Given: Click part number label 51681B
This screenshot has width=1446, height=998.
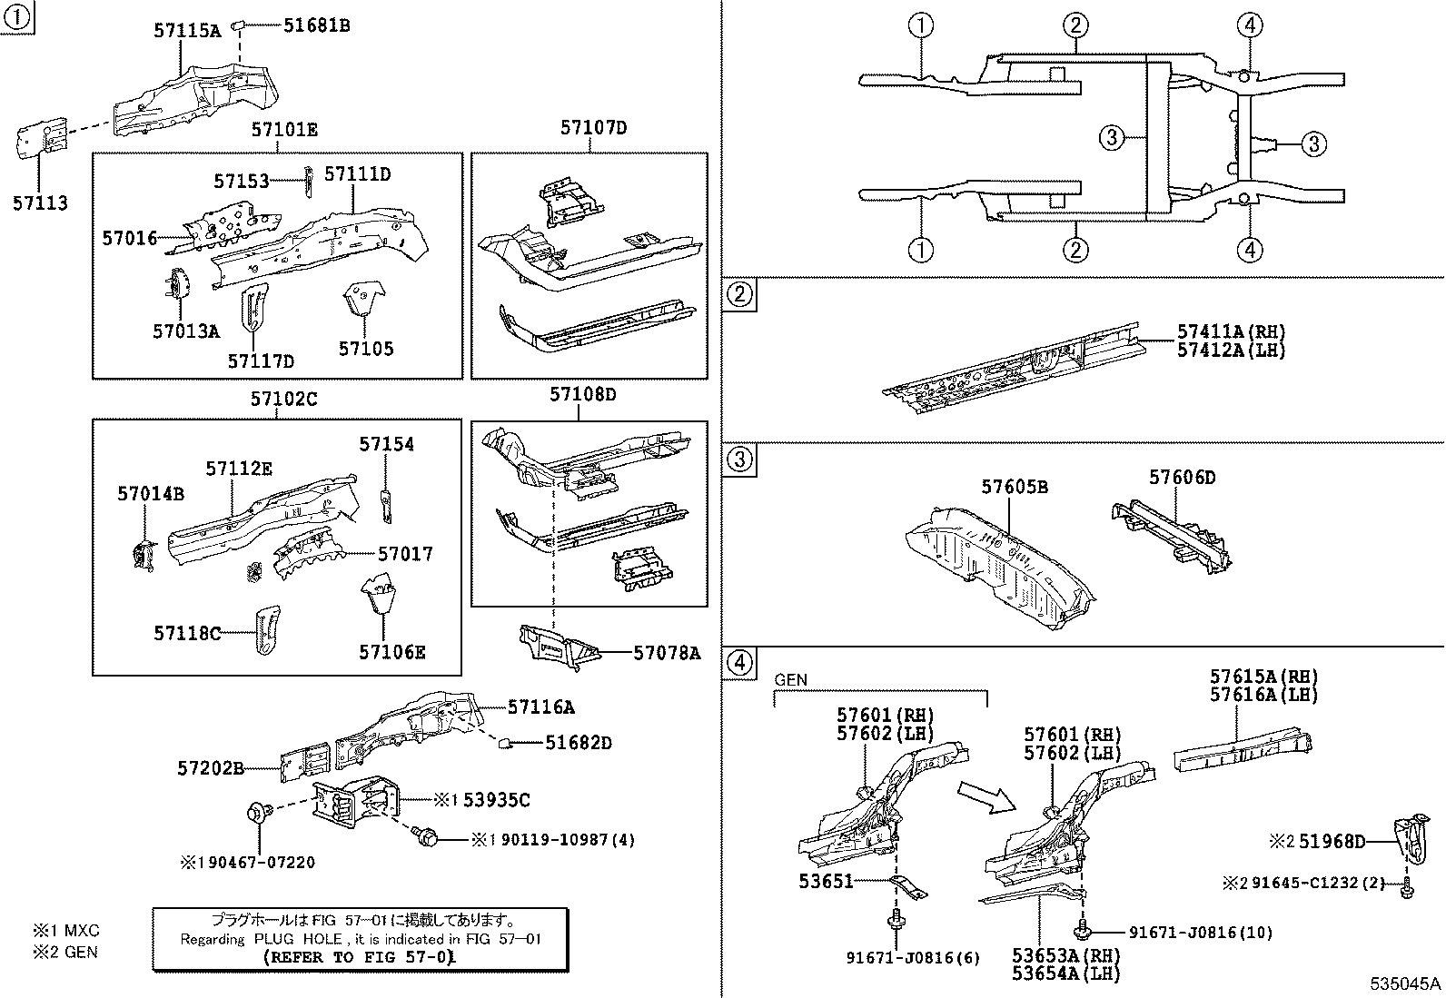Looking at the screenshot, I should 315,25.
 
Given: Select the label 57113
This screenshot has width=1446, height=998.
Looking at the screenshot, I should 40,203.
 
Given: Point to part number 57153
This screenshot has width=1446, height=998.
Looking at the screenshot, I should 242,182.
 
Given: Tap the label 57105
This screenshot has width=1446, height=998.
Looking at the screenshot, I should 366,349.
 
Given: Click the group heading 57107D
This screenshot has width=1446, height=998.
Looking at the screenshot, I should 593,128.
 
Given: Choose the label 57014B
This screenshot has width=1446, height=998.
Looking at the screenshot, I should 150,494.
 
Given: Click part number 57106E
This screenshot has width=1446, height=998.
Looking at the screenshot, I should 391,652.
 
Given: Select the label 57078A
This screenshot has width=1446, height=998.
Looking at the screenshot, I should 667,652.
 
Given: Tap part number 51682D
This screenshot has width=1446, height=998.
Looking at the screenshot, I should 578,743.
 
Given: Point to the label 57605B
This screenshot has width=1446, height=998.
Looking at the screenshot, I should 1014,487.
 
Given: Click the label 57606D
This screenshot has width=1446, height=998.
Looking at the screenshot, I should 1182,477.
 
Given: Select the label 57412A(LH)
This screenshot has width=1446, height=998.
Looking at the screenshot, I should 1232,351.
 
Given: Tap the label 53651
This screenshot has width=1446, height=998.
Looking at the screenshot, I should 826,881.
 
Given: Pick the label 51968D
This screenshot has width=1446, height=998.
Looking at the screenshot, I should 1332,842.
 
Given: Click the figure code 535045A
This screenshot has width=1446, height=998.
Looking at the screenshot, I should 1406,983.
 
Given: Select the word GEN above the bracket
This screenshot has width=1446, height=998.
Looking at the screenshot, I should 790,679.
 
